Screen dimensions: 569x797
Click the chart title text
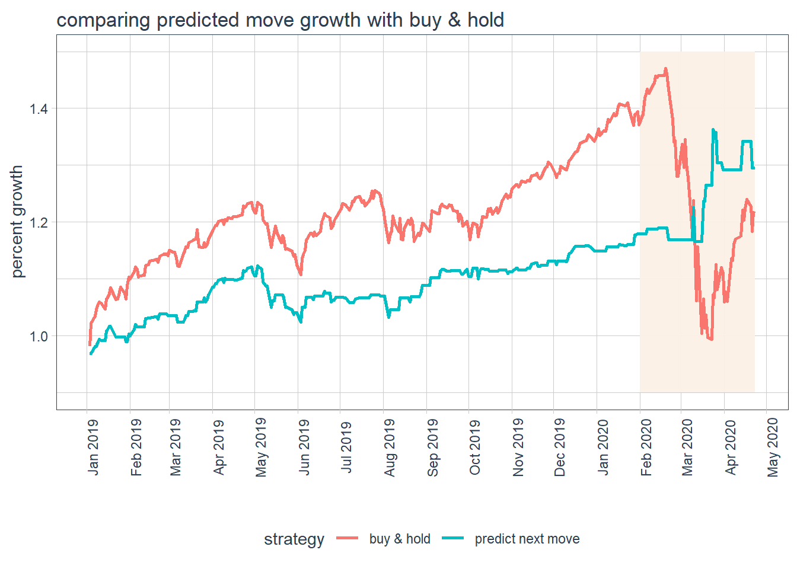[x=280, y=20]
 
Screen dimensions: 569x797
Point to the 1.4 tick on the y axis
[x=39, y=109]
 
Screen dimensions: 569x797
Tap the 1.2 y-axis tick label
[x=39, y=223]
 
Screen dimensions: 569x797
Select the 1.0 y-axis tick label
[x=39, y=337]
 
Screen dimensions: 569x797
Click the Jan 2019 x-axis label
[x=94, y=447]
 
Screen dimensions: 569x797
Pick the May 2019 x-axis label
[x=262, y=447]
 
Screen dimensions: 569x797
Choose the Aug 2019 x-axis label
[x=390, y=447]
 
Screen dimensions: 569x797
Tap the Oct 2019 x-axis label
[x=475, y=447]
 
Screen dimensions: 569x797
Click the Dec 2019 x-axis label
[x=560, y=447]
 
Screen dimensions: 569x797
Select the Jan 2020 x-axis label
[x=603, y=447]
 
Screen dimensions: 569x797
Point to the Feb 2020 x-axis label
[x=646, y=447]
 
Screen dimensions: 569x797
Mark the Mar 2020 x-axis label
[x=687, y=447]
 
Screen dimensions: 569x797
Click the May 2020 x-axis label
[x=773, y=447]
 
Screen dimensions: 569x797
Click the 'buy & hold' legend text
[x=400, y=539]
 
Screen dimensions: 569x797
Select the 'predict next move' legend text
[x=527, y=539]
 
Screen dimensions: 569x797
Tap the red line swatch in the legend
[x=348, y=538]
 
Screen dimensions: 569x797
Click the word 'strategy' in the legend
[x=294, y=539]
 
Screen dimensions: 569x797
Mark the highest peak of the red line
[x=666, y=69]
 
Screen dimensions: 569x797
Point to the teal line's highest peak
[x=713, y=130]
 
